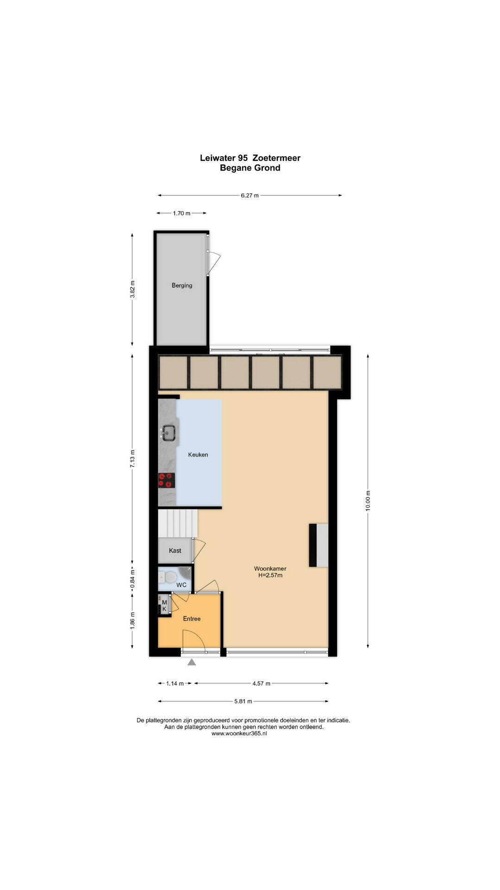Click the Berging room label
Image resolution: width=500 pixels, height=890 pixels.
[x=182, y=286]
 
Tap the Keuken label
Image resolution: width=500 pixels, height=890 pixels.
[x=198, y=455]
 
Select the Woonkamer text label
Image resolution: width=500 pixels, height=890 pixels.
[x=270, y=569]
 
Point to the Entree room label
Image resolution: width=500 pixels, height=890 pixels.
[x=192, y=619]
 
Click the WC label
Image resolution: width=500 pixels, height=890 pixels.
[x=181, y=585]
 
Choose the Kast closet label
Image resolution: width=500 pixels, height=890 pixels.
[x=175, y=551]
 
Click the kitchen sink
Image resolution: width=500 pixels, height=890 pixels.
[x=168, y=433]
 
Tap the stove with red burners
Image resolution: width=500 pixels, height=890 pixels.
[x=167, y=480]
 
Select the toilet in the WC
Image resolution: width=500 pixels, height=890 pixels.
[x=168, y=578]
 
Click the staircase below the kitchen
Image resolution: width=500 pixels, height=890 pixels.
[x=178, y=523]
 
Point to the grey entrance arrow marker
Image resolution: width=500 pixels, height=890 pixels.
[x=192, y=662]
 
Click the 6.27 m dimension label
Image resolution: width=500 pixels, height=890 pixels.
[x=250, y=196]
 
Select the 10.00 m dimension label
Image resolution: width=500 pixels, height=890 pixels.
[x=368, y=501]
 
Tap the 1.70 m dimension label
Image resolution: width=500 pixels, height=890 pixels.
[x=181, y=213]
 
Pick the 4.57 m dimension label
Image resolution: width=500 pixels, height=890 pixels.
[x=261, y=683]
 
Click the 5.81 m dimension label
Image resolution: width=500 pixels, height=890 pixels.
[x=243, y=701]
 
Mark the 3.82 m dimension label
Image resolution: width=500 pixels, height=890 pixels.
[x=132, y=289]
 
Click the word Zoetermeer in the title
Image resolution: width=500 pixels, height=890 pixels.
[x=276, y=158]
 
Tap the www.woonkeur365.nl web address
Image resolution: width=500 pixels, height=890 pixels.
[x=239, y=733]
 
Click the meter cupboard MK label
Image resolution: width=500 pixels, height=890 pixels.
[x=164, y=605]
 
